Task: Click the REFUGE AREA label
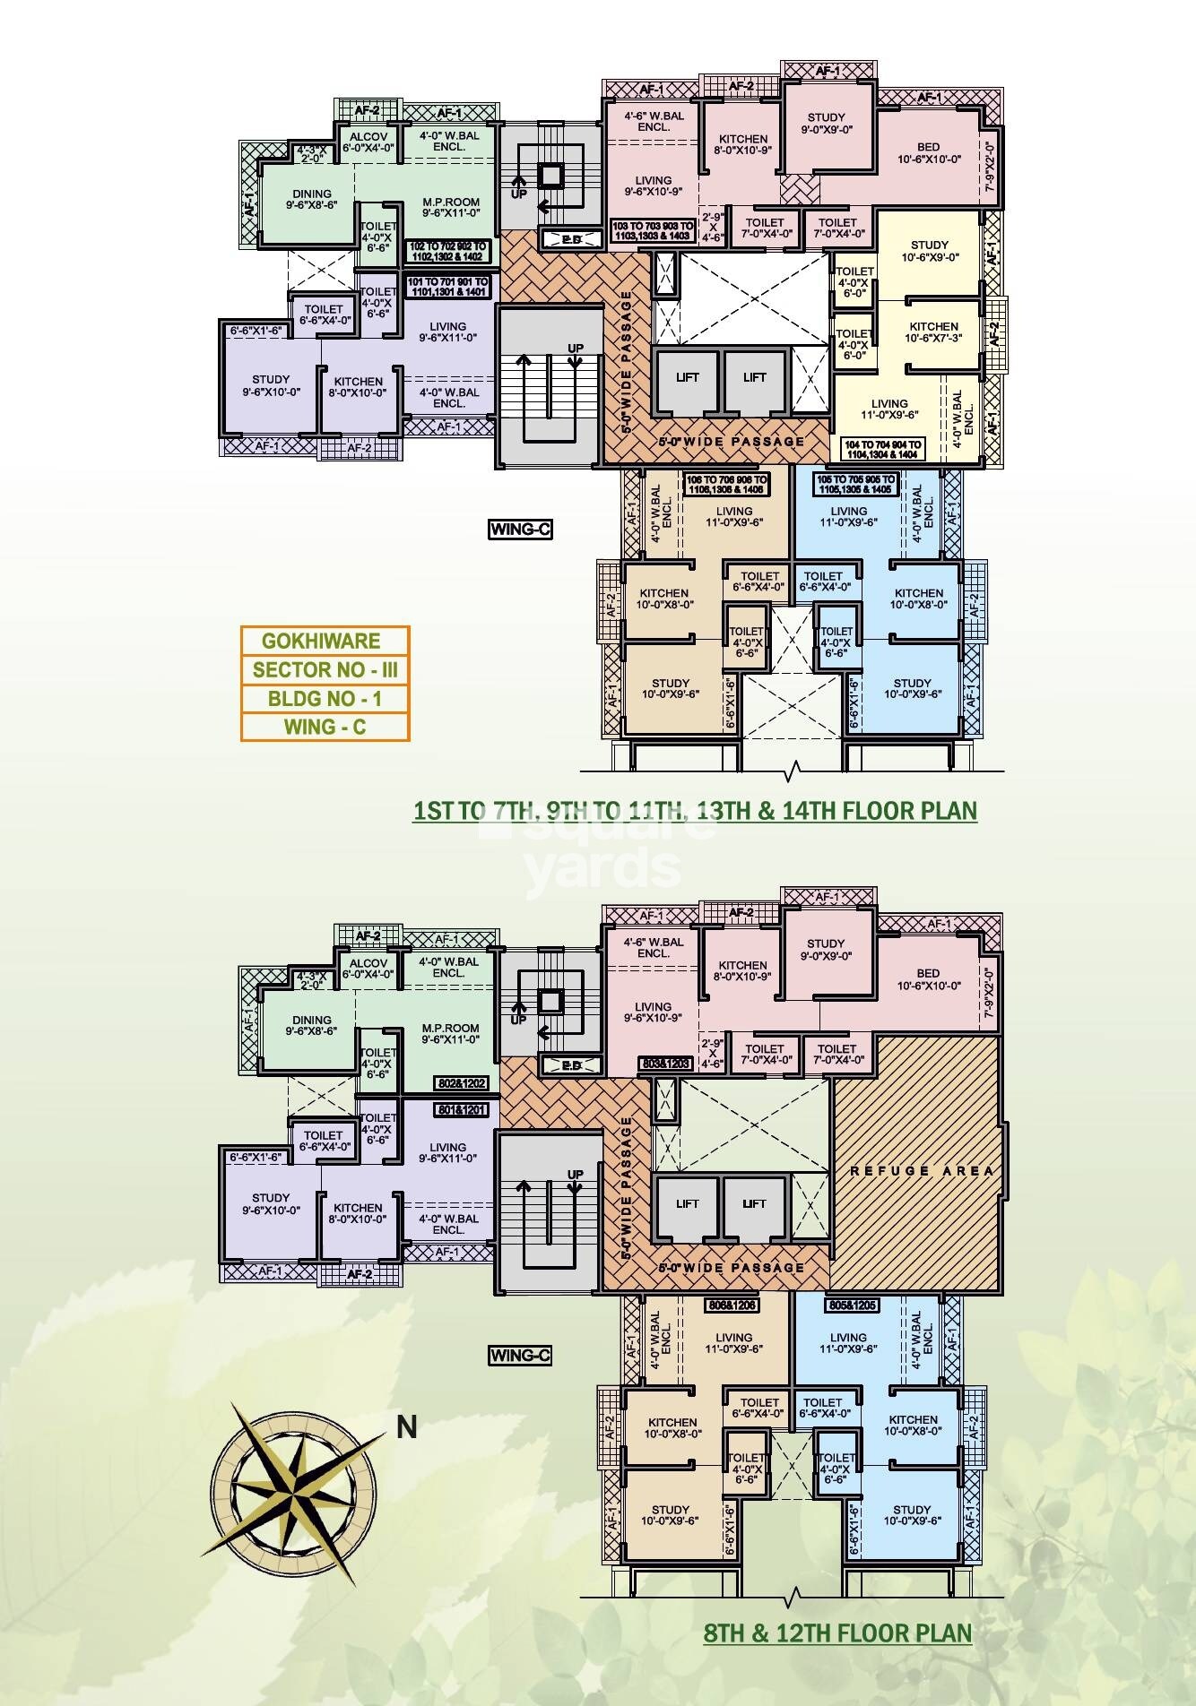point(921,1170)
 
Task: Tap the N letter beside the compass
point(407,1427)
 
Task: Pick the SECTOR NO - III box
point(325,669)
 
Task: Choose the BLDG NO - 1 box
point(325,698)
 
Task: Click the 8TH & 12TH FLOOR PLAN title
point(837,1633)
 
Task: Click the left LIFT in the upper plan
point(688,377)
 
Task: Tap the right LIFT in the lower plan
point(754,1203)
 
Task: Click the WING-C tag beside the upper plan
point(520,529)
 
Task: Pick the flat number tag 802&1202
point(461,1083)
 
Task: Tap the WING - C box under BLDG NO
point(325,727)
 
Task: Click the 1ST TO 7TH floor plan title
point(695,811)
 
